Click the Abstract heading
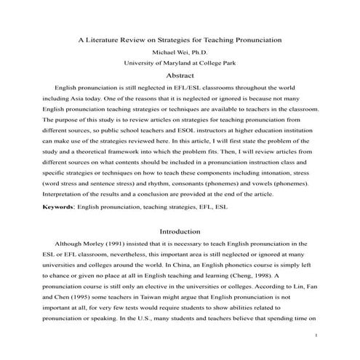click(x=180, y=75)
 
